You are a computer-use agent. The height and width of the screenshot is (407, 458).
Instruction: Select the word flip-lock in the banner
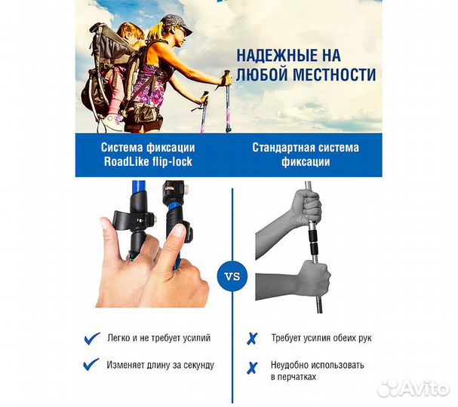[x=170, y=162]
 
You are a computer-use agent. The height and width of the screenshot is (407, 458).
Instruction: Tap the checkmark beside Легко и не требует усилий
[x=92, y=338]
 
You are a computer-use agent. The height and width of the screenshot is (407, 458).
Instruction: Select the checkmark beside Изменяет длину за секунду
[x=92, y=364]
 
